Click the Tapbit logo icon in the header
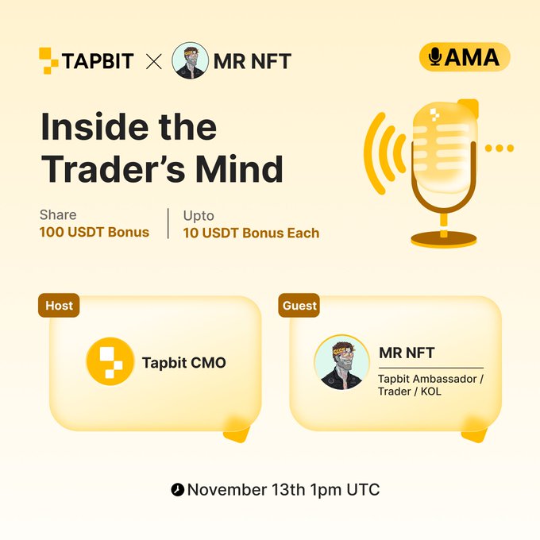tap(48, 60)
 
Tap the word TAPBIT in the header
tap(98, 61)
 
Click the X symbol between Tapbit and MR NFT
tap(153, 61)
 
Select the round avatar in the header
tap(190, 60)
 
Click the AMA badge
tap(464, 56)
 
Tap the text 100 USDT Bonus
tap(94, 233)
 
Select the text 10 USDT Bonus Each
tap(251, 233)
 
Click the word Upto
tap(199, 215)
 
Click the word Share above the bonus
tap(58, 215)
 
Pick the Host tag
tap(59, 305)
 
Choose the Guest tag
tap(299, 305)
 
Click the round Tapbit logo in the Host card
tap(110, 362)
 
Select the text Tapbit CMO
tap(184, 363)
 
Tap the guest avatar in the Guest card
tap(341, 362)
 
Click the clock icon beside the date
tap(177, 490)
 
